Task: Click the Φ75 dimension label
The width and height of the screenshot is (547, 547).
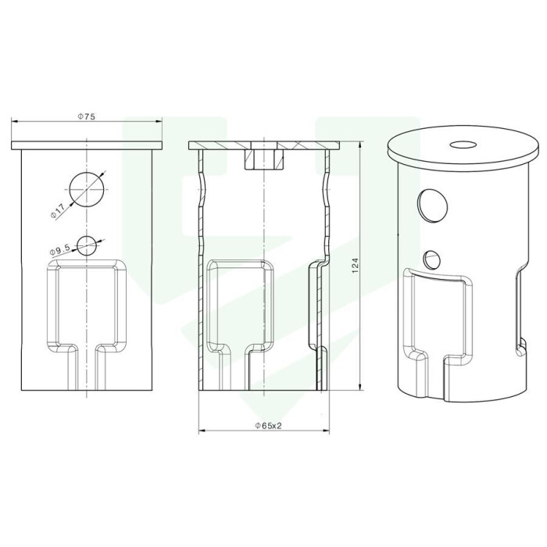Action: (x=86, y=116)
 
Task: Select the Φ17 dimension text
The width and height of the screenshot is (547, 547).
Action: (x=58, y=212)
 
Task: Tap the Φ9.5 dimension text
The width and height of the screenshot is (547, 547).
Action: (x=60, y=249)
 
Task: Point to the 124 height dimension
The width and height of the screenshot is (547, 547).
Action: (x=355, y=266)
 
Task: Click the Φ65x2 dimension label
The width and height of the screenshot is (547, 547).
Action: (x=268, y=426)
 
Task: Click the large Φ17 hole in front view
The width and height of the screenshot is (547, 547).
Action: (x=87, y=189)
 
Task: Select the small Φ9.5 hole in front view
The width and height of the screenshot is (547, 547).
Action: (x=87, y=245)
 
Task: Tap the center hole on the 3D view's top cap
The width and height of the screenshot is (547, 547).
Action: (x=463, y=144)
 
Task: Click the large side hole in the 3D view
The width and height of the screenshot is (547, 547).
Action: (x=433, y=205)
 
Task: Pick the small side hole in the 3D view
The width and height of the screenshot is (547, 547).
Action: (x=432, y=259)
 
